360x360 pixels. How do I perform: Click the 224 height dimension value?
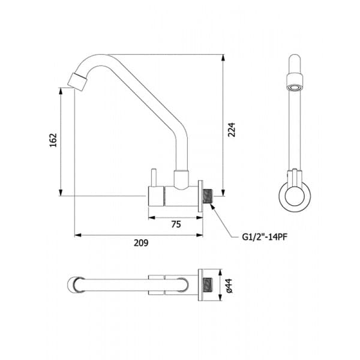232,130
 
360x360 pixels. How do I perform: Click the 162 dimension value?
53,140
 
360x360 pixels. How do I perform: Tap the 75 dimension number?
176,224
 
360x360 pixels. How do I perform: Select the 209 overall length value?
141,242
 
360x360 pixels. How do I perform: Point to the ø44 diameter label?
229,286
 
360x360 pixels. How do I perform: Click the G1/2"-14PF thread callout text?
265,237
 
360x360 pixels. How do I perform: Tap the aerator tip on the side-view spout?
77,82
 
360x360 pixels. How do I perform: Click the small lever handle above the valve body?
154,178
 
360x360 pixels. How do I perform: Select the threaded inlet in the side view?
208,196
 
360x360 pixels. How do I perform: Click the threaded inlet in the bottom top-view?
208,285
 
